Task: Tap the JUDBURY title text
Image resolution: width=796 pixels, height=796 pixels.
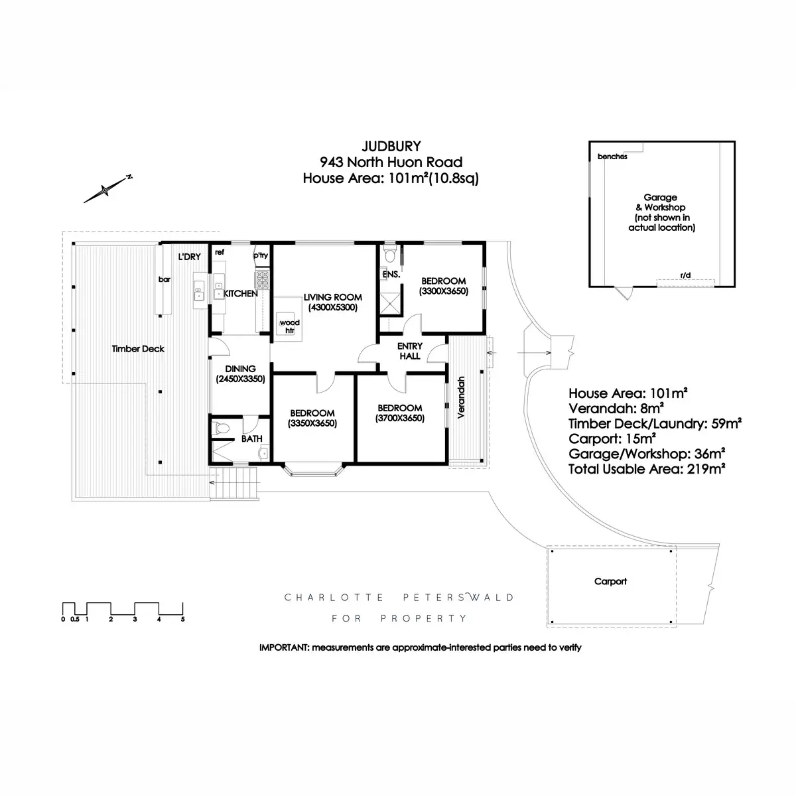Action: [x=391, y=145]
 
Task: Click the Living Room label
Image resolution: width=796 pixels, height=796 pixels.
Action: [x=333, y=297]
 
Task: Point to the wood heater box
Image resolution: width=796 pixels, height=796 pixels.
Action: [x=289, y=325]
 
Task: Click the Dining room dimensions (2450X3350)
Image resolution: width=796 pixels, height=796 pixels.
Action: [x=240, y=379]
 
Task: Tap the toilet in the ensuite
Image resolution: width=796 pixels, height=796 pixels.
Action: [x=390, y=255]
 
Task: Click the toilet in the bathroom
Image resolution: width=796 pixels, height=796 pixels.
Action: [x=222, y=429]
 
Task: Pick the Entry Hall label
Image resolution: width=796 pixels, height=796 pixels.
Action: [x=409, y=351]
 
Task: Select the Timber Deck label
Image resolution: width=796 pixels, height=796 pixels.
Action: [x=138, y=349]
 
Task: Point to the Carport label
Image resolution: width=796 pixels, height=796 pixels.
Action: [x=610, y=581]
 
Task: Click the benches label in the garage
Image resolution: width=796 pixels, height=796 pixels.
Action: [x=612, y=157]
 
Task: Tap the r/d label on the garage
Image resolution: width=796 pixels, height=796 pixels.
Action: [x=685, y=275]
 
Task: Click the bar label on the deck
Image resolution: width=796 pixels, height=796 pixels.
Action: [x=164, y=279]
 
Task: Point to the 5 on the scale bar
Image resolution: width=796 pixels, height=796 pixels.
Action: [x=182, y=620]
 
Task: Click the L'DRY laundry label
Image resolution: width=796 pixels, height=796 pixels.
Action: [x=189, y=257]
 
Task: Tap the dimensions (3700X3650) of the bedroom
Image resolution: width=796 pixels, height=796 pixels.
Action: [x=400, y=418]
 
